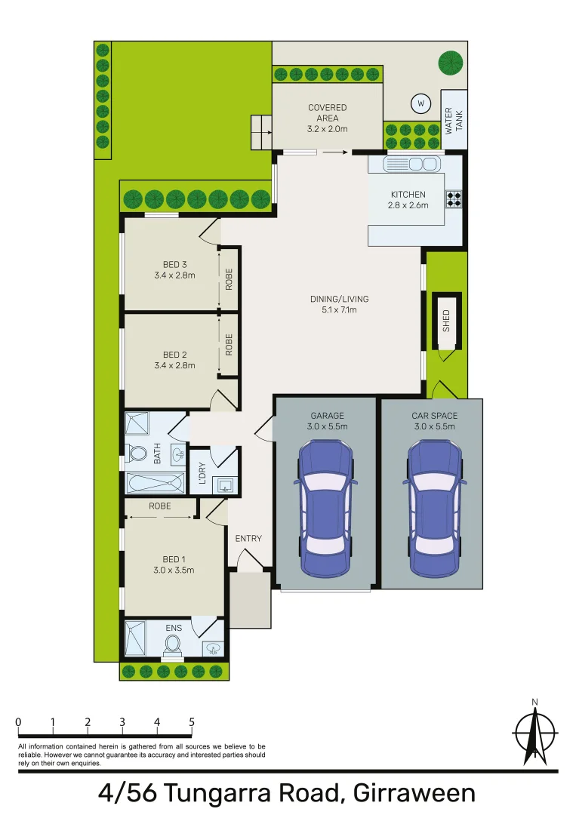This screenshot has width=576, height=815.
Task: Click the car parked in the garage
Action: (325, 507)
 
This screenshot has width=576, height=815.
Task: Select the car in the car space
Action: (434, 507)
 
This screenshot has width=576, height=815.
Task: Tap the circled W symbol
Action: (421, 103)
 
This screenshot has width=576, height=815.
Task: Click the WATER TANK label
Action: (453, 120)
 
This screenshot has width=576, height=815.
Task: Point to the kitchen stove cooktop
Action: (454, 198)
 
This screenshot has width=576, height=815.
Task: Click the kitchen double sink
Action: (411, 164)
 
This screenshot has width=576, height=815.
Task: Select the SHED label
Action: (446, 321)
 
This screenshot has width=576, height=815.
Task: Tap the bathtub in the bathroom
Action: (156, 482)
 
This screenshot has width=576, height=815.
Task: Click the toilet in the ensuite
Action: (174, 644)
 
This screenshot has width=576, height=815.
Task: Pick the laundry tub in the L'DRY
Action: (224, 484)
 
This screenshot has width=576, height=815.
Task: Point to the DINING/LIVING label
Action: (333, 299)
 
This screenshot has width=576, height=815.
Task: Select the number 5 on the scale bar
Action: (192, 722)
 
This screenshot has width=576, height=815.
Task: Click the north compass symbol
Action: (535, 732)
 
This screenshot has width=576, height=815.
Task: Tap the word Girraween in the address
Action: (412, 793)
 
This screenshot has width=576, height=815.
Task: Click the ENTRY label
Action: (248, 538)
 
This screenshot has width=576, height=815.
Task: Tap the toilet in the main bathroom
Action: (137, 454)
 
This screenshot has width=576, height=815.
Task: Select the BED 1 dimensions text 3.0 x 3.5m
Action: (174, 570)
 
